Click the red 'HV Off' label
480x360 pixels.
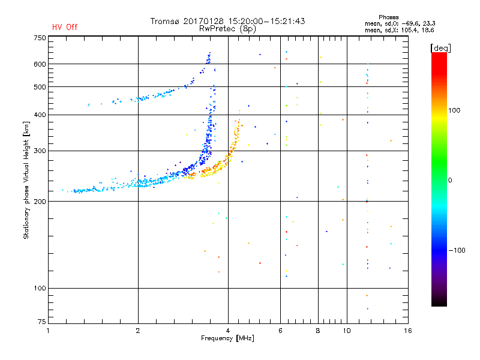tap(64, 27)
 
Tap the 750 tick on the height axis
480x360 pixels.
tap(39, 38)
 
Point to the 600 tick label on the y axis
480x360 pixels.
tap(39, 64)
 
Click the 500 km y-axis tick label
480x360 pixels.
tap(39, 87)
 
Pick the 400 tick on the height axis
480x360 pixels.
tap(39, 115)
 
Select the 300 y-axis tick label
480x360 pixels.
tap(39, 151)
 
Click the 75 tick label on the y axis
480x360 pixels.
tap(41, 323)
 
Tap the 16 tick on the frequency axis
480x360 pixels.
tap(407, 331)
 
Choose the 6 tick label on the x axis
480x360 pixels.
tap(280, 331)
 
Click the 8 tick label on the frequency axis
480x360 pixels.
tap(318, 331)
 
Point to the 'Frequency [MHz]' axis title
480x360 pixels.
tap(228, 338)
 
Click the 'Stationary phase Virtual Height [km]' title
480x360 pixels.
tap(26, 180)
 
